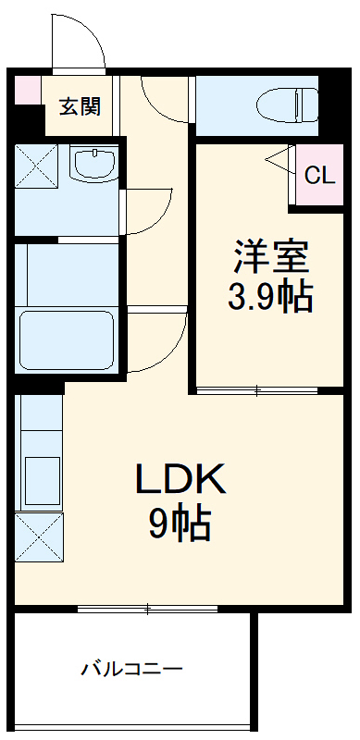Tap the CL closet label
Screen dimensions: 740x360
(319, 174)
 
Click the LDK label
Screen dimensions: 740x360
(180, 479)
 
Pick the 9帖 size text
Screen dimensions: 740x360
(180, 524)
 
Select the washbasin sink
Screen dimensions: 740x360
(94, 164)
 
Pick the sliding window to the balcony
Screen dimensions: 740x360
(148, 608)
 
